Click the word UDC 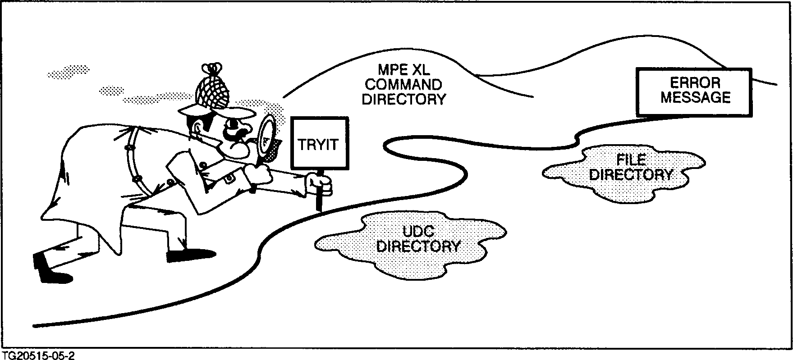(418, 232)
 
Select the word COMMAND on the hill (403, 84)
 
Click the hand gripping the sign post (321, 185)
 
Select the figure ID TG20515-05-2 (38, 355)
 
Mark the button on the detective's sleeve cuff (229, 178)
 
